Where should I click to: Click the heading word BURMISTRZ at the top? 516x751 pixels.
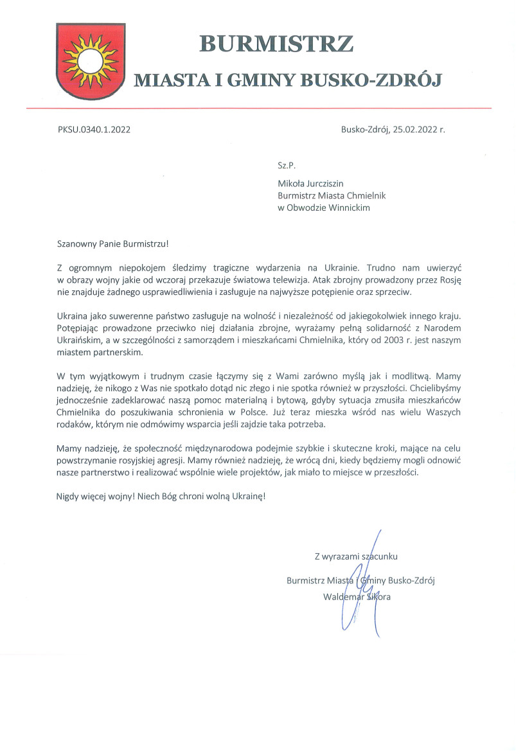[x=277, y=44]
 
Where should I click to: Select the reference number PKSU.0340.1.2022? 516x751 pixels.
[x=94, y=130]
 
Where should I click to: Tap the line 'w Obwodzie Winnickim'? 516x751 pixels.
[x=323, y=208]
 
